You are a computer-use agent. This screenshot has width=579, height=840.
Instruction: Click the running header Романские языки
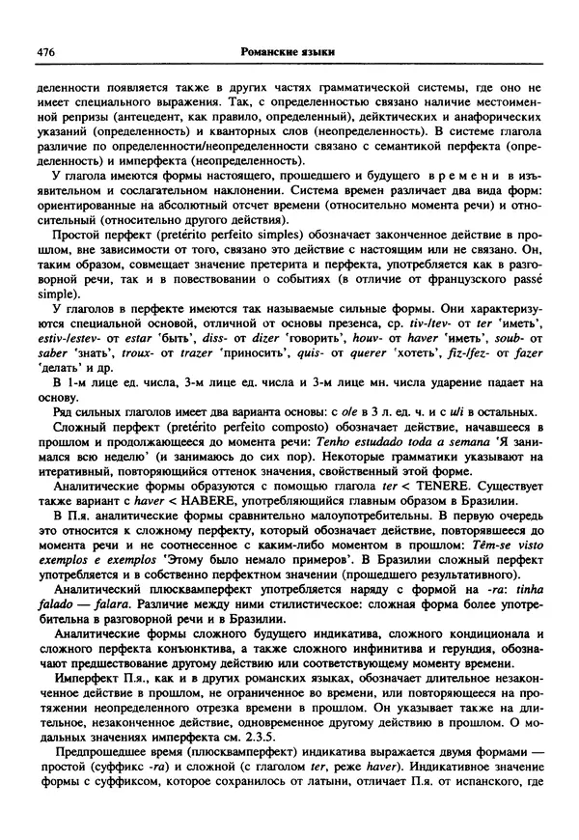[292, 50]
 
